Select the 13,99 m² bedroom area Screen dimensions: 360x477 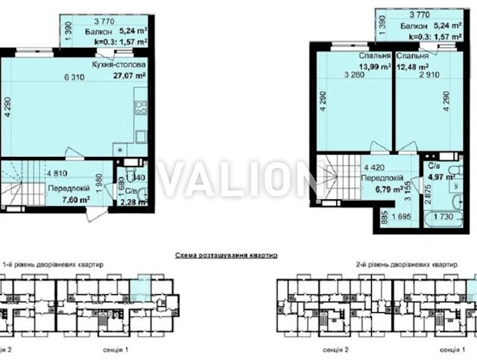click(362, 66)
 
